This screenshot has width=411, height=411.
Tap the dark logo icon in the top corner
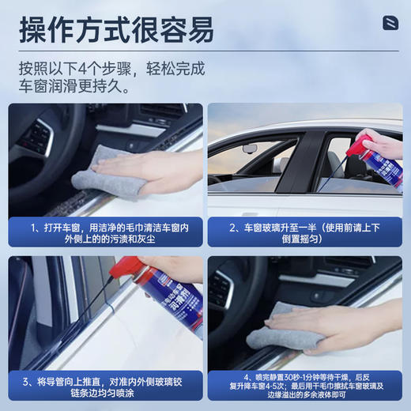point(390,23)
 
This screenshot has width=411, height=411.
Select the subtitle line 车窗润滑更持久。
point(75,86)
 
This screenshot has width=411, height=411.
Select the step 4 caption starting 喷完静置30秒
point(304,386)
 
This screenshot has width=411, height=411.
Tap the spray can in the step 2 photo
point(385,162)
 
